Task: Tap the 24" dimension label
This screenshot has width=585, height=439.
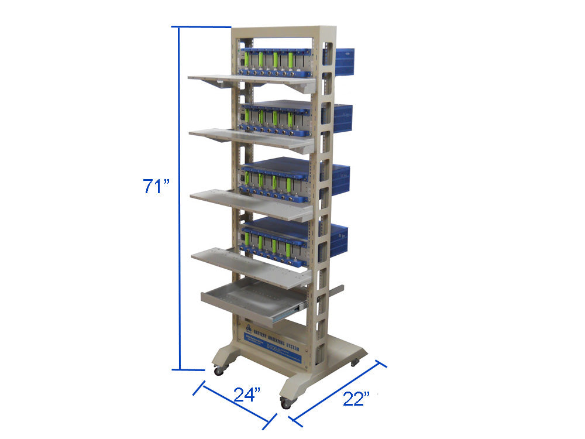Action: pos(247,395)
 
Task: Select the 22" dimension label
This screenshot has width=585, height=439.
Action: pos(357,399)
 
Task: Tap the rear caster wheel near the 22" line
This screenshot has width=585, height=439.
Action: pos(355,363)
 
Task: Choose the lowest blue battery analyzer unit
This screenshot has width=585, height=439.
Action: pos(278,240)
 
